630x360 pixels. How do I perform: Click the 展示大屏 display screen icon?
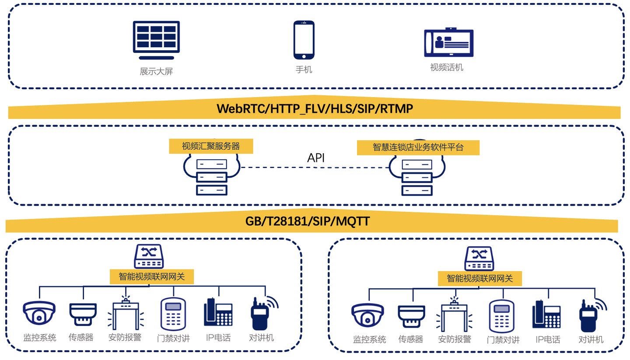click(156, 40)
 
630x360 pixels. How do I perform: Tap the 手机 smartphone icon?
click(304, 40)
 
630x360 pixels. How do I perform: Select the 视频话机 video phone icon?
click(448, 42)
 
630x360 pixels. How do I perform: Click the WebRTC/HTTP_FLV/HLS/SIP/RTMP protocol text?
click(315, 109)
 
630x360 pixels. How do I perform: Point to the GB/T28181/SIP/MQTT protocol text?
click(308, 221)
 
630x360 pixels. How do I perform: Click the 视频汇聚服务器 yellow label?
click(211, 146)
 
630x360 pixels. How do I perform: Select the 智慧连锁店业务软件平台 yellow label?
click(418, 147)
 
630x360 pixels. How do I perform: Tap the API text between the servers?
click(316, 158)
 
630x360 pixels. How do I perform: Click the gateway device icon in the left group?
click(149, 256)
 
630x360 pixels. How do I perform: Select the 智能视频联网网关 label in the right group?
click(480, 279)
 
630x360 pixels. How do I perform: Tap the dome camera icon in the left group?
click(39, 313)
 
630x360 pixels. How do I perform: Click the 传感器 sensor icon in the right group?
click(411, 316)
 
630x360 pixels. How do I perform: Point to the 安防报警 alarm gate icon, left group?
click(126, 313)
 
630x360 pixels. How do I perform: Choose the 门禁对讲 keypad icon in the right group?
click(502, 316)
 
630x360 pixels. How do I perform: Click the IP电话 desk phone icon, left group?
click(218, 312)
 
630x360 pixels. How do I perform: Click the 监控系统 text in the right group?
click(369, 339)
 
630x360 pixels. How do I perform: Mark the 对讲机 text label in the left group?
click(261, 338)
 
